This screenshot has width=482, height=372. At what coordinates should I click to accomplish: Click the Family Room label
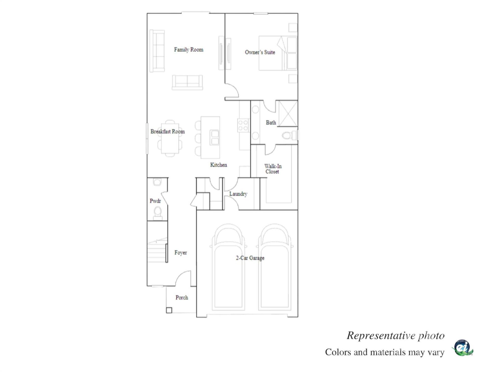[189, 50]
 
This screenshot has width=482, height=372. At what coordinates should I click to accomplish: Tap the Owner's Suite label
[260, 52]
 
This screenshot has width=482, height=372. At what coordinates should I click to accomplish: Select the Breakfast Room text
[167, 131]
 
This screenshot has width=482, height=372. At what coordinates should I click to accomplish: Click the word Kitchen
[218, 165]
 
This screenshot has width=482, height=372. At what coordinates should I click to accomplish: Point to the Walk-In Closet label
[273, 169]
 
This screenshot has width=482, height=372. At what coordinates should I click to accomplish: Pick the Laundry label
[238, 194]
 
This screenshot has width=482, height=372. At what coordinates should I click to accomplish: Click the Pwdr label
[155, 201]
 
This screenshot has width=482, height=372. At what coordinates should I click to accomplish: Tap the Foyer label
[180, 253]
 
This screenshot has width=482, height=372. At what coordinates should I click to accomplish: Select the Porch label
[182, 297]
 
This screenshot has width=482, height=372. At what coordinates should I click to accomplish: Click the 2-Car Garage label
[250, 258]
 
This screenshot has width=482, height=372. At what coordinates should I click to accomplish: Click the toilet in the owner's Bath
[289, 136]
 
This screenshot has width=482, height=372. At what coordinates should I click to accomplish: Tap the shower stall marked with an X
[288, 114]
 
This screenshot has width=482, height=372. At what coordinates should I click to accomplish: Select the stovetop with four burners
[243, 125]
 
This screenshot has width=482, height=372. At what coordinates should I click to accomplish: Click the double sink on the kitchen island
[215, 137]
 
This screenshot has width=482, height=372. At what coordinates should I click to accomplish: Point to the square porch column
[169, 310]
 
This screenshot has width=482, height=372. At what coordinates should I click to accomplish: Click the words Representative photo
[395, 335]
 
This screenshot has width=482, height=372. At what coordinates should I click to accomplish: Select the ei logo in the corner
[462, 348]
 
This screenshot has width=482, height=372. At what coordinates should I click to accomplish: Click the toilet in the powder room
[158, 213]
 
